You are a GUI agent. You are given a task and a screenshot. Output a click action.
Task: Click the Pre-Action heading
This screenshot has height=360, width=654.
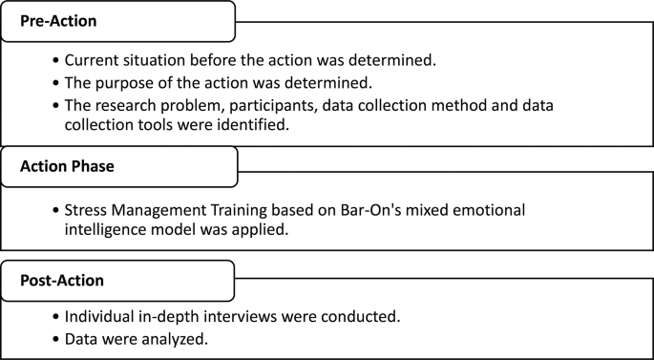click(x=60, y=20)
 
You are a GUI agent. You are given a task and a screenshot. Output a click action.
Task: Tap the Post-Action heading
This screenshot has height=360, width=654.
click(x=63, y=281)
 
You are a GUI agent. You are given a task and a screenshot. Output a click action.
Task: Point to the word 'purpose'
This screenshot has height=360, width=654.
click(x=124, y=82)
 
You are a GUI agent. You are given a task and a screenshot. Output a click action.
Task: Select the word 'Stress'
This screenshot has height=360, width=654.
click(x=87, y=209)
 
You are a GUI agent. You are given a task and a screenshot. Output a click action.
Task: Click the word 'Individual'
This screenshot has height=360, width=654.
click(x=104, y=316)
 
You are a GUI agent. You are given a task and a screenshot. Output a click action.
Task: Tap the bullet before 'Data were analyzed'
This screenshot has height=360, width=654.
click(x=56, y=337)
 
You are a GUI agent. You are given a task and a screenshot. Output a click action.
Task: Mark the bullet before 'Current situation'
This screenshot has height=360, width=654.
click(x=56, y=60)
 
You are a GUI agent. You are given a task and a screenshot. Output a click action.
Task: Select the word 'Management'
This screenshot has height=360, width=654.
click(x=162, y=209)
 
